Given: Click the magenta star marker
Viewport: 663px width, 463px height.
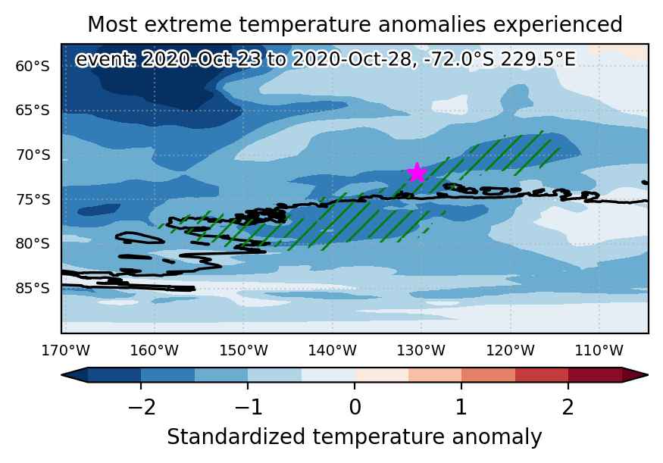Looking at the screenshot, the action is [x=417, y=173].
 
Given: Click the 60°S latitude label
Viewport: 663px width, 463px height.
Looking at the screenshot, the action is [x=33, y=67].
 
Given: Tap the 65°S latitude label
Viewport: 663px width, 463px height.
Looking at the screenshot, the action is [x=33, y=111].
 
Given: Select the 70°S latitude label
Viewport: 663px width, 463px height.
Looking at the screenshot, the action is [x=33, y=155].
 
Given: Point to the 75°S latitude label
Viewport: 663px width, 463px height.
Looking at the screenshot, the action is [x=33, y=199].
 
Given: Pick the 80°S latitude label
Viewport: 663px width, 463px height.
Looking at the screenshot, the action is [x=33, y=244].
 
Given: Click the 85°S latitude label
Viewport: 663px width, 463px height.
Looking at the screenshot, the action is [x=33, y=289].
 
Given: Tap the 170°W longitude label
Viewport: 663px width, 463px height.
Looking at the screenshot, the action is [x=65, y=351].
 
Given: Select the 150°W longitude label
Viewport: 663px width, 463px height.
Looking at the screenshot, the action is [x=243, y=351].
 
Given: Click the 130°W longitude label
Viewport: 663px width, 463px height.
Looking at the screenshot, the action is [x=421, y=351].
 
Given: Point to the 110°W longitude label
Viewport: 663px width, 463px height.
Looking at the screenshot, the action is [x=599, y=351].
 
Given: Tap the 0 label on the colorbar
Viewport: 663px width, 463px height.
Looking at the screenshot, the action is [x=355, y=407].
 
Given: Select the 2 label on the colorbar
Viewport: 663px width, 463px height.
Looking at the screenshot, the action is [x=568, y=407].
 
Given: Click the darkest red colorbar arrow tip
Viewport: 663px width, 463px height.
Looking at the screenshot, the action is [x=647, y=374].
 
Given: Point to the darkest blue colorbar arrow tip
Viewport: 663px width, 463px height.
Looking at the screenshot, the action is [x=62, y=374].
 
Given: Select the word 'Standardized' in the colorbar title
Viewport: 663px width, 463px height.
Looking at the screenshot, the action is [x=236, y=436].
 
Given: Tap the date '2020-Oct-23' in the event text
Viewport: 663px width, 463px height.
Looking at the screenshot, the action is [x=201, y=59].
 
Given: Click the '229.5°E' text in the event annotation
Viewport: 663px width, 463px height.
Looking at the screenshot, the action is [x=538, y=59].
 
